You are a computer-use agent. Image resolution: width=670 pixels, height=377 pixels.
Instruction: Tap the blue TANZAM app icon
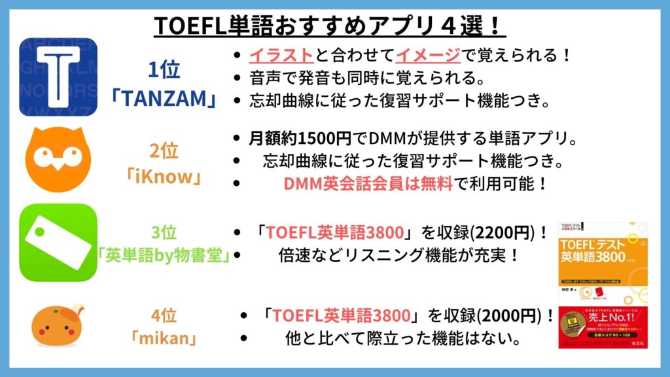[x=58, y=77]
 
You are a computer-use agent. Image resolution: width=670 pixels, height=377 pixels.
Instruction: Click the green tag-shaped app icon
[x=58, y=242]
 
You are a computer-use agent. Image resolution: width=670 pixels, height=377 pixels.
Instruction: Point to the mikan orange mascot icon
[x=58, y=326]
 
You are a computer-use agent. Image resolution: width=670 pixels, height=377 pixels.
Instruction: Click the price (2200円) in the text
[x=501, y=233]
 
